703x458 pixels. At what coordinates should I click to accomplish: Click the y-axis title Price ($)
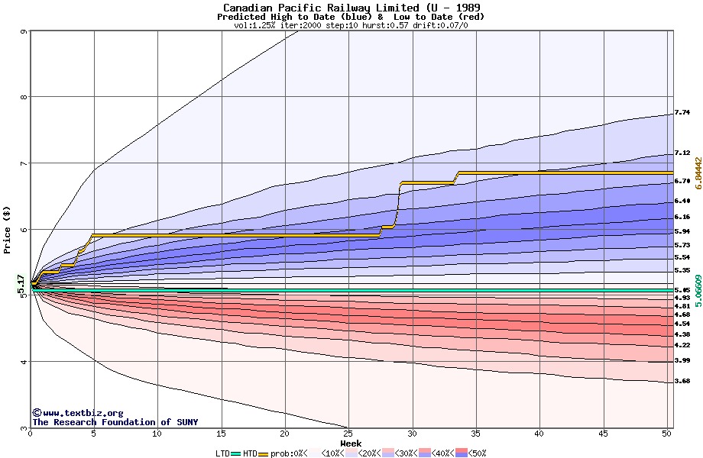click(x=8, y=229)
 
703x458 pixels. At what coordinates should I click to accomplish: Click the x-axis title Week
click(x=351, y=443)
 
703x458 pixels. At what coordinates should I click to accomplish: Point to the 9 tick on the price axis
click(x=24, y=31)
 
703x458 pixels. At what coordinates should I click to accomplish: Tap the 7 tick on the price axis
click(x=24, y=163)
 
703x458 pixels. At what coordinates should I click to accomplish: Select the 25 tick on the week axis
click(x=348, y=434)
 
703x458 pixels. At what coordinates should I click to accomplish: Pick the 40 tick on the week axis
click(x=539, y=434)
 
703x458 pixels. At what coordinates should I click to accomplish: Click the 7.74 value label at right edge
click(x=682, y=113)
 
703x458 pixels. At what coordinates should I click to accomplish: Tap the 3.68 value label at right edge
click(x=682, y=381)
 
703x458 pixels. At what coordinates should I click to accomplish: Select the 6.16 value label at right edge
click(x=682, y=218)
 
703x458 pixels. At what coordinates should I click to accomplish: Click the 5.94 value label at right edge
click(x=682, y=231)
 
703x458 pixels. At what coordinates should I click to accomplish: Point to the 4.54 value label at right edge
click(x=682, y=324)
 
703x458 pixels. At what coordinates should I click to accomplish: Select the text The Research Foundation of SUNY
click(x=115, y=422)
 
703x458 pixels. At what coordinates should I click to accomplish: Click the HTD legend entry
click(x=250, y=453)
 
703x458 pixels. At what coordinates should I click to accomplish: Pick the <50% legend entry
click(x=469, y=453)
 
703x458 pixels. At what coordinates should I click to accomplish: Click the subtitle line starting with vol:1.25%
click(x=351, y=25)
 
